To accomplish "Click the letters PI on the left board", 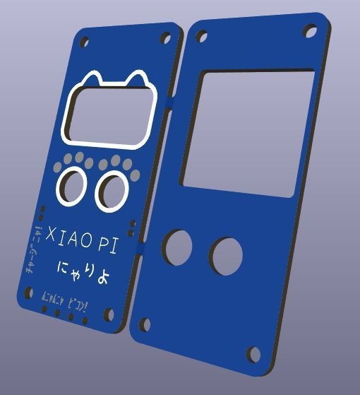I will tap(107, 245).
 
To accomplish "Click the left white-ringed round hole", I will tap(71, 185).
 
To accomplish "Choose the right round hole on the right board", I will tap(224, 256).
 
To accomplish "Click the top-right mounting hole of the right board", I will tap(311, 31).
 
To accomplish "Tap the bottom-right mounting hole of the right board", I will tap(253, 353).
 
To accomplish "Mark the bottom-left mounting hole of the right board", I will tap(145, 324).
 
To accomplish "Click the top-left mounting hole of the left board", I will tap(86, 39).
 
